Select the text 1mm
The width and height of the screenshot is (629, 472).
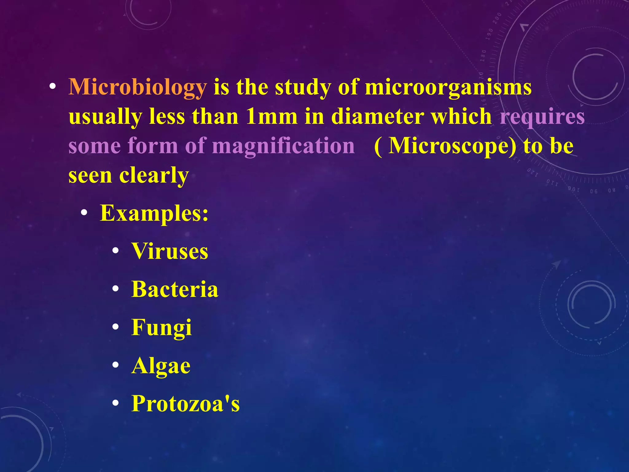click(x=272, y=117)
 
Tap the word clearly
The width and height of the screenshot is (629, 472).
click(x=154, y=176)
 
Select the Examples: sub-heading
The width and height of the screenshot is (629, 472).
click(x=154, y=213)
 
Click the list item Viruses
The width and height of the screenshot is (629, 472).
click(x=170, y=251)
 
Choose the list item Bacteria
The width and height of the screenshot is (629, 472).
click(x=174, y=289)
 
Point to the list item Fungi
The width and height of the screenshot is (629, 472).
click(x=162, y=328)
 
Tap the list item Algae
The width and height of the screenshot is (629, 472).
click(x=161, y=366)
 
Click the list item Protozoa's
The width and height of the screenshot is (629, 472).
click(x=185, y=404)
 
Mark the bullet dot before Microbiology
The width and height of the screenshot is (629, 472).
click(x=53, y=87)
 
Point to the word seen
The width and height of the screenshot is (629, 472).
click(x=90, y=176)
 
